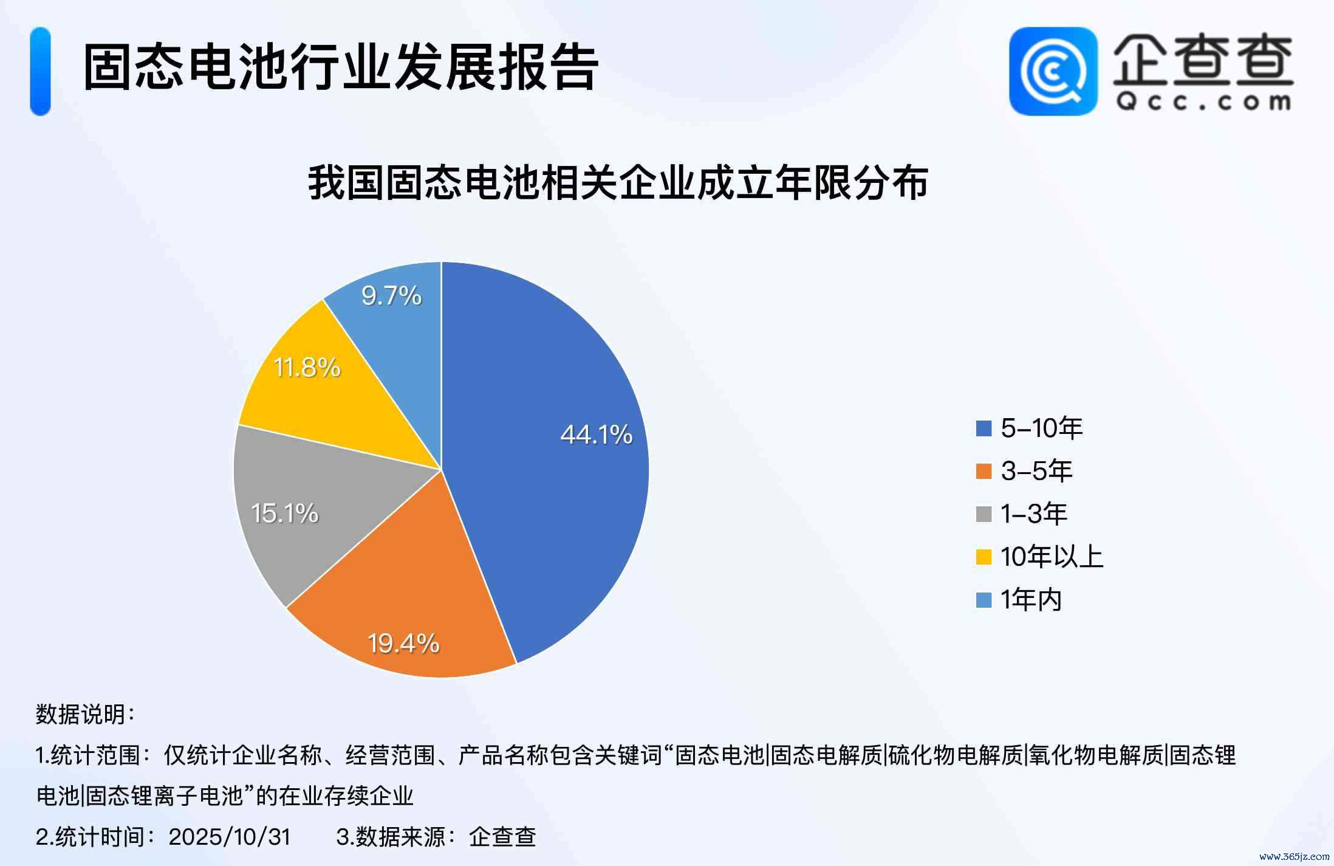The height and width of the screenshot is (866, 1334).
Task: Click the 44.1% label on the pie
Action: [x=596, y=435]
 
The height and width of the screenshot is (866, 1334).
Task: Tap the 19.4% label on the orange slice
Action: [x=403, y=644]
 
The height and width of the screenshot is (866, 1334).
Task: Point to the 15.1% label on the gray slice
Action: [x=284, y=514]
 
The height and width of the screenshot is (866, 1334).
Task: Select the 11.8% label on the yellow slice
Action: [x=307, y=368]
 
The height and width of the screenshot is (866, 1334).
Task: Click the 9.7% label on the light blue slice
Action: [x=391, y=296]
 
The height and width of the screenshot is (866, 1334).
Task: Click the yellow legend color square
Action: [x=983, y=557]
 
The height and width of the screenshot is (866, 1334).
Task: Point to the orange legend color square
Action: [x=983, y=471]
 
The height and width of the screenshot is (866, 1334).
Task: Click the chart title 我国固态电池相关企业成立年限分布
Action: [x=618, y=182]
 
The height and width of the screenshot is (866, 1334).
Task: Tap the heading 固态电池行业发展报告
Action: [x=340, y=68]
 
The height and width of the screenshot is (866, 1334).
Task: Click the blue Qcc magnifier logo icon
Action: [x=1053, y=71]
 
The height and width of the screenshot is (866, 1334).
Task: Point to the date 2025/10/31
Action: [x=230, y=837]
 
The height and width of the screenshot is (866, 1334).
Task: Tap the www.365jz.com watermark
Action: [x=1294, y=857]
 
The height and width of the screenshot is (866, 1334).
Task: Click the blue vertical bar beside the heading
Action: [x=40, y=71]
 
